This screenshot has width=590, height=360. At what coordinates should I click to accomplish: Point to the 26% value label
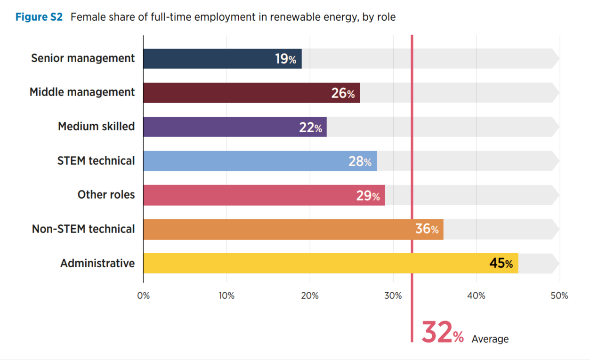(x=343, y=93)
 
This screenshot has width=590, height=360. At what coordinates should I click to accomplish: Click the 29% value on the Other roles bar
(x=368, y=195)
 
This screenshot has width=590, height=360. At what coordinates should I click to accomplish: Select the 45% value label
(x=501, y=264)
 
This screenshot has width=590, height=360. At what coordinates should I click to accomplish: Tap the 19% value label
(x=285, y=59)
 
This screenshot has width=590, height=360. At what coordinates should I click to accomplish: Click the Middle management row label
(x=82, y=92)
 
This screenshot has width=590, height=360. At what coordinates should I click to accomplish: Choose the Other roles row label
(x=106, y=195)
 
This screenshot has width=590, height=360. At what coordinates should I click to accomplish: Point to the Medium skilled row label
(x=96, y=127)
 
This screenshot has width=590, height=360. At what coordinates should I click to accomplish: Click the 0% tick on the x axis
(x=143, y=296)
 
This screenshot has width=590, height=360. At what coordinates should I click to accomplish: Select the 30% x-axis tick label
(x=393, y=296)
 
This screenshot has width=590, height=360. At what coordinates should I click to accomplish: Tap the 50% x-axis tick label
(x=559, y=296)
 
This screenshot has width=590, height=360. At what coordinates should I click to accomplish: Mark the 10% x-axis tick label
(x=226, y=296)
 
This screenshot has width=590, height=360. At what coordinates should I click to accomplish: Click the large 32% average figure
(x=442, y=333)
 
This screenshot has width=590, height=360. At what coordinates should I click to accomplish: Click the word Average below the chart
(x=490, y=339)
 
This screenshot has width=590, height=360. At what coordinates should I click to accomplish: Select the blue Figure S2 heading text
(x=39, y=17)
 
